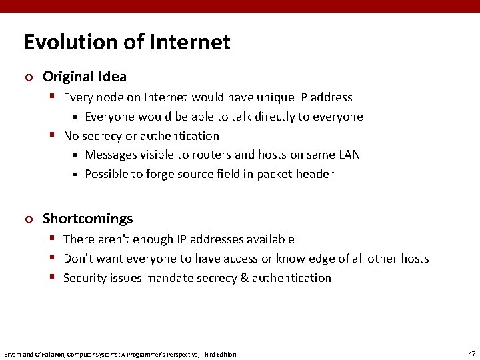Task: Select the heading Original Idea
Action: pos(84,77)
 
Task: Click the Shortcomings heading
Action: pos(87,219)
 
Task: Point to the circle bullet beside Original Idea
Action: pos(27,77)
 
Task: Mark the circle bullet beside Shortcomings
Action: pos(27,219)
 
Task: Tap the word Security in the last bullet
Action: pos(85,277)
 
